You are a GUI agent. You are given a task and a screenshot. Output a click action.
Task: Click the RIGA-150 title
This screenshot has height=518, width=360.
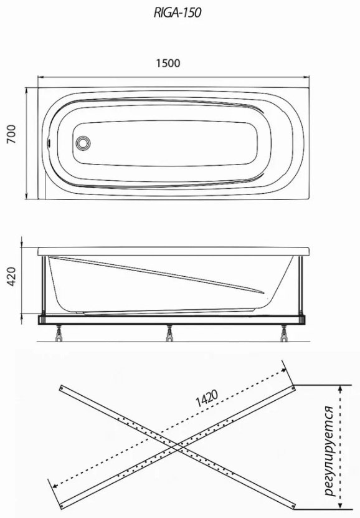coord(178,12)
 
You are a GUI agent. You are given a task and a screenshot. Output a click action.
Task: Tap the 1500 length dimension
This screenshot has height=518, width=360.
coord(168,63)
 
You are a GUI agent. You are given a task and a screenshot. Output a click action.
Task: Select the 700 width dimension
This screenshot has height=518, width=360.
coord(11,134)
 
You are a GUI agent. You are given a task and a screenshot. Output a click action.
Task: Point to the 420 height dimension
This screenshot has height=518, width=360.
coord(11,277)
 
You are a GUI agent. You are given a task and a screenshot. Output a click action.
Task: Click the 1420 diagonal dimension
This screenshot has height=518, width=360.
coord(207,398)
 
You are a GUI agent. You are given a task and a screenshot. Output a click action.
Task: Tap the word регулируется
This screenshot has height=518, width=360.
coord(329,451)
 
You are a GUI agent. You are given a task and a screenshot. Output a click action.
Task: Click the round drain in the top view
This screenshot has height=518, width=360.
coord(82,143)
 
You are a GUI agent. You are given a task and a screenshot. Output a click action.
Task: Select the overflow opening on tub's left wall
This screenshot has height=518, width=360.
coord(49,143)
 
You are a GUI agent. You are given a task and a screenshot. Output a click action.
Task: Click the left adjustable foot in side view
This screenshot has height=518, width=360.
coord(59,333)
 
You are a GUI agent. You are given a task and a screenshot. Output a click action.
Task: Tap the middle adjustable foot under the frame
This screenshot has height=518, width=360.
coord(169,333)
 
